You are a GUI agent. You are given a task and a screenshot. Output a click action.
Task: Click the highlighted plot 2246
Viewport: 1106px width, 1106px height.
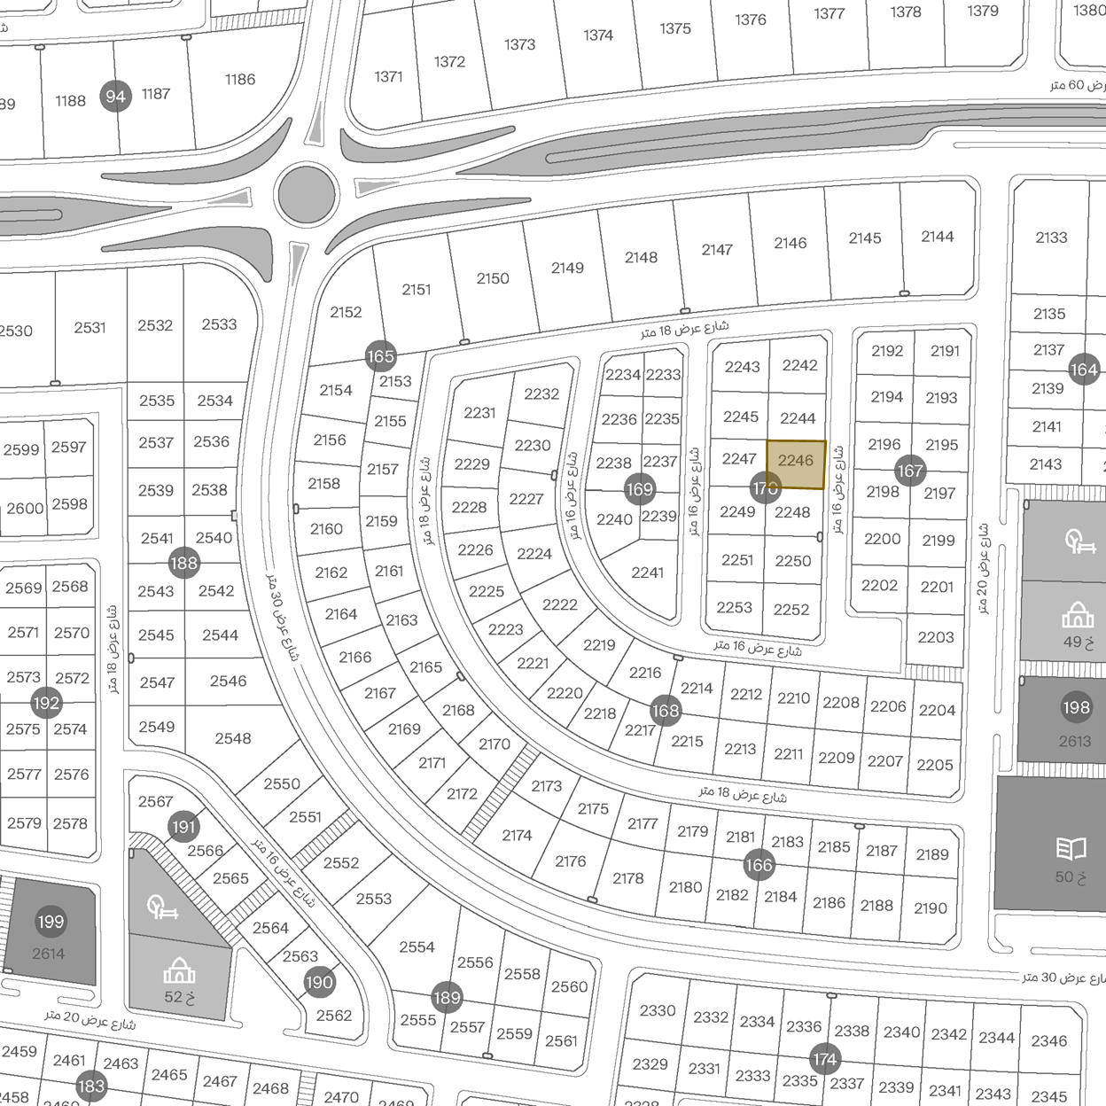pyautogui.click(x=796, y=463)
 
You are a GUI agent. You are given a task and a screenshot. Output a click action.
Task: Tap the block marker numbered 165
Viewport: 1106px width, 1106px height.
pyautogui.click(x=380, y=356)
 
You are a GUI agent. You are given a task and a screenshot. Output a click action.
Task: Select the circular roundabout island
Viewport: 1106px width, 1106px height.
pyautogui.click(x=307, y=192)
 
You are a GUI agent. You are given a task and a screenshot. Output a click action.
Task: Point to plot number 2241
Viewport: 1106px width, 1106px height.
pyautogui.click(x=647, y=573)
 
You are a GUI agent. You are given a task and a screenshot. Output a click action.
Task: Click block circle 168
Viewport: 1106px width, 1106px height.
pyautogui.click(x=665, y=710)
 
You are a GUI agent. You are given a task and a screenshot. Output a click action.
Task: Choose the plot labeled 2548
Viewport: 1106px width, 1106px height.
pyautogui.click(x=233, y=738)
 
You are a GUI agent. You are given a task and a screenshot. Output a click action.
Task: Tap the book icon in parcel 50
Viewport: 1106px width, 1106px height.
pyautogui.click(x=1071, y=849)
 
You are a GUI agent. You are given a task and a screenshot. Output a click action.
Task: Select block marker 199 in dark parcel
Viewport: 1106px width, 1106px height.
pyautogui.click(x=51, y=922)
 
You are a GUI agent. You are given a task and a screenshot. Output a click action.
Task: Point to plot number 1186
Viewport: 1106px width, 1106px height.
pyautogui.click(x=240, y=80)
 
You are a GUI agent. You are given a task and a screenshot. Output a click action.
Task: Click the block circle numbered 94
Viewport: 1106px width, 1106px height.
pyautogui.click(x=116, y=97)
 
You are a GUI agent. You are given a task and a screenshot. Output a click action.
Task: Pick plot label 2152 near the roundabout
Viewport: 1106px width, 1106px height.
pyautogui.click(x=346, y=312)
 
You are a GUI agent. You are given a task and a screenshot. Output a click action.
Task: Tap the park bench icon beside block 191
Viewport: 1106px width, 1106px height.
pyautogui.click(x=164, y=907)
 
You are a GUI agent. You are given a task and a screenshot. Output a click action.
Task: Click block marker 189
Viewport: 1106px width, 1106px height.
pyautogui.click(x=447, y=998)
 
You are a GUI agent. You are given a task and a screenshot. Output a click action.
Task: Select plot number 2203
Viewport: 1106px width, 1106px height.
pyautogui.click(x=936, y=637)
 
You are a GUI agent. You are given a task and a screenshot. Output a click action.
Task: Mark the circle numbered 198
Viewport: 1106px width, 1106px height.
pyautogui.click(x=1076, y=707)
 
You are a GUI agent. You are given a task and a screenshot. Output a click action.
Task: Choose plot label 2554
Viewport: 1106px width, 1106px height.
pyautogui.click(x=417, y=947)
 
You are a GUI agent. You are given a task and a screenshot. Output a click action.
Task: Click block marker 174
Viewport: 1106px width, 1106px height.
pyautogui.click(x=824, y=1059)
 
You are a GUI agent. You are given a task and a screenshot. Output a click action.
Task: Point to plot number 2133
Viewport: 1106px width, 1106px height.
pyautogui.click(x=1051, y=238)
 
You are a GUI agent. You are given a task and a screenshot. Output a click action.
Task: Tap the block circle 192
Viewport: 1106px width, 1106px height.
pyautogui.click(x=46, y=704)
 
